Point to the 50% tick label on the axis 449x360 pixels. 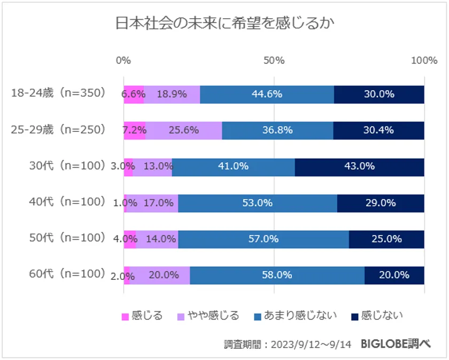274,60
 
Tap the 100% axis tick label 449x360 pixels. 424,60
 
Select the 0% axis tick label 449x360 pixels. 123,60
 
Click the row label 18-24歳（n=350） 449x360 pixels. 59,94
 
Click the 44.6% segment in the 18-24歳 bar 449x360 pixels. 267,95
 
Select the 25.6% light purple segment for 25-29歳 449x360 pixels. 183,130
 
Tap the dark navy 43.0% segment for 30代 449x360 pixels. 359,167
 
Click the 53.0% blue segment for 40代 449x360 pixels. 257,203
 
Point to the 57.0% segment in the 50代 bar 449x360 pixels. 263,239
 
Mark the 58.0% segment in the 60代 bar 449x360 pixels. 277,275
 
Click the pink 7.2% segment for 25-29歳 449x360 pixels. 134,130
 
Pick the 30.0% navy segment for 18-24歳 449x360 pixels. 379,95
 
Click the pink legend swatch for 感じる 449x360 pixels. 126,316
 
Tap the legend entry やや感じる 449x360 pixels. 208,316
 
